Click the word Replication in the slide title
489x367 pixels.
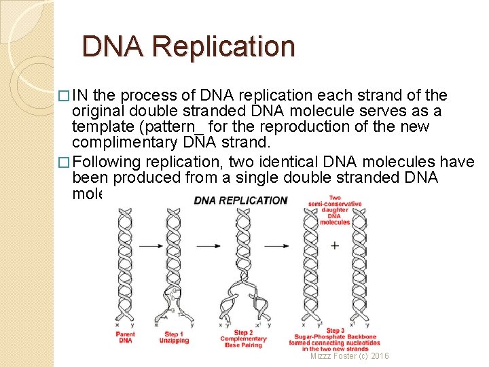coord(224,47)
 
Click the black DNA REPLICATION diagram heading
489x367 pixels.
coord(240,200)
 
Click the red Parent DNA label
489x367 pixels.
coord(126,337)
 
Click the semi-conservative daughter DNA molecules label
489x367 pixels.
coord(334,209)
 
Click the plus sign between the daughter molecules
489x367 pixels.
coord(335,245)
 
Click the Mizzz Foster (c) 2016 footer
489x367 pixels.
coord(350,356)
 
